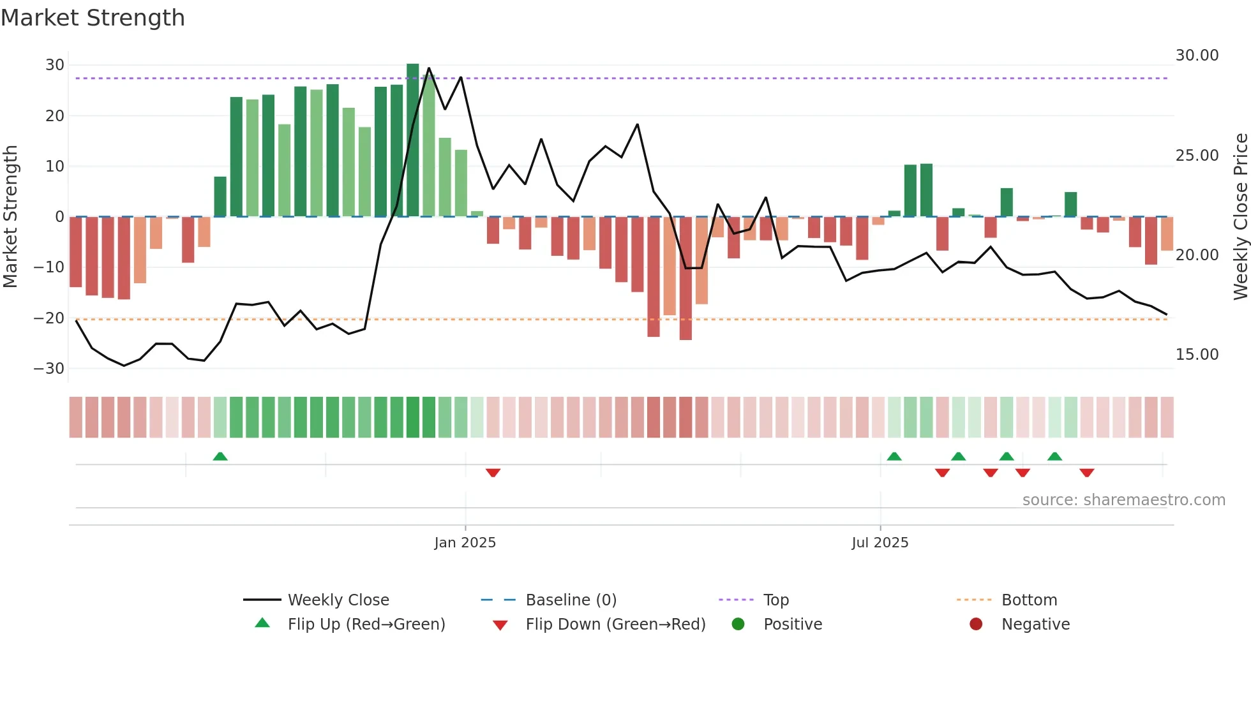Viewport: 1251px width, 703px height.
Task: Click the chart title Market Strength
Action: (x=93, y=18)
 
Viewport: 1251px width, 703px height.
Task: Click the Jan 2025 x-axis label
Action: (x=465, y=542)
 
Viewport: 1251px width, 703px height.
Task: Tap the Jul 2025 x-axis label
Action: (x=880, y=542)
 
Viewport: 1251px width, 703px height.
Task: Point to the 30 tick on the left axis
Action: (x=55, y=65)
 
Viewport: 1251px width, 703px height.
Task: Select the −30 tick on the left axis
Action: (x=50, y=369)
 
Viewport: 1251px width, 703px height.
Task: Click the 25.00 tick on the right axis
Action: (x=1197, y=156)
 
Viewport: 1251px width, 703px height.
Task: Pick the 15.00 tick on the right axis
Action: (x=1197, y=355)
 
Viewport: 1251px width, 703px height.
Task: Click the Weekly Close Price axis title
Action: (x=1240, y=217)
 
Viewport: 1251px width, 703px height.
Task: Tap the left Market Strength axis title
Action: (x=11, y=217)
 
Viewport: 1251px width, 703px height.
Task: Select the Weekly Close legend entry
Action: (x=338, y=600)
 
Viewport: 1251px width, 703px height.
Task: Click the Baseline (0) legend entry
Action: (x=571, y=600)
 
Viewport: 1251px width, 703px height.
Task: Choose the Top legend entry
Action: (x=775, y=600)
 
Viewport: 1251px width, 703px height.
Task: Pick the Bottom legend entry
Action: (x=1029, y=600)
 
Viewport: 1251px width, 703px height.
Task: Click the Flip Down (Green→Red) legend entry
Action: (x=615, y=625)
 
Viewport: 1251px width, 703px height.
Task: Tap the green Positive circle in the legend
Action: (x=738, y=625)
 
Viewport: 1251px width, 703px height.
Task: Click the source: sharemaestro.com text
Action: (x=1123, y=500)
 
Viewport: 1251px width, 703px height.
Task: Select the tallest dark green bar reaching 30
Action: (x=413, y=140)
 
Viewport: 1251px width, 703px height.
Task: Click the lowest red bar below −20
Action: (x=685, y=278)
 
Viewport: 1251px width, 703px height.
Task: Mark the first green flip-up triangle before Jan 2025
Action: (x=220, y=456)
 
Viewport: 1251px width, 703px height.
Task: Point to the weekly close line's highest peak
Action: (x=429, y=68)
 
